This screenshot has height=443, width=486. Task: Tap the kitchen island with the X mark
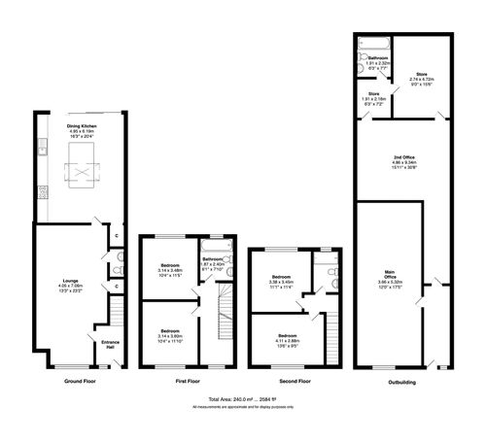click(78, 173)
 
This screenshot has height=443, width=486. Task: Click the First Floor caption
click(189, 382)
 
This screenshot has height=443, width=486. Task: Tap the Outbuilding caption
click(401, 382)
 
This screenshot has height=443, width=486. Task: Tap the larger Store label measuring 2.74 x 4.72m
click(422, 78)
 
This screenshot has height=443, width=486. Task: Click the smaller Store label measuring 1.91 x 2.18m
click(373, 97)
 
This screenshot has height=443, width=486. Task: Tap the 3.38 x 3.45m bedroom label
click(282, 282)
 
